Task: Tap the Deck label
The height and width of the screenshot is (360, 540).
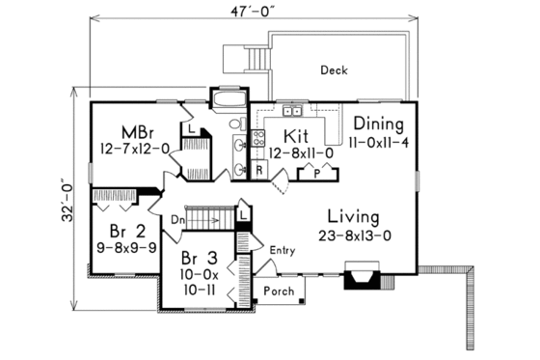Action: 335,70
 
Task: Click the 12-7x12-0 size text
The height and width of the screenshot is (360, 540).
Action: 134,148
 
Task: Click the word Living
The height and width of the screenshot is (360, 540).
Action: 352,215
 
